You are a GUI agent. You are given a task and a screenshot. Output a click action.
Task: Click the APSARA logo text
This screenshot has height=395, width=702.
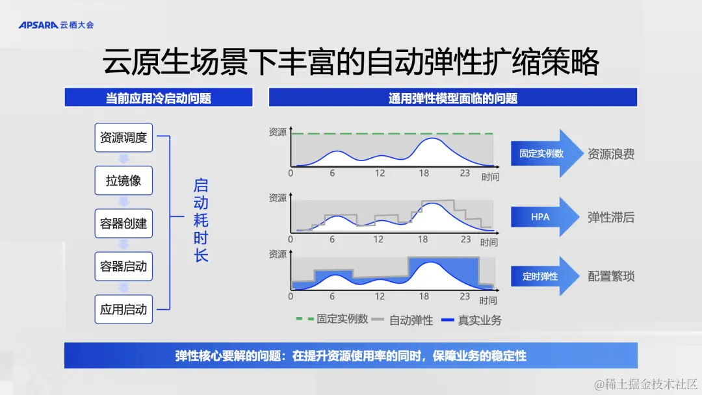[38, 25]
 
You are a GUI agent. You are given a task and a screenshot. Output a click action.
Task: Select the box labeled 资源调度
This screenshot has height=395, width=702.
[123, 138]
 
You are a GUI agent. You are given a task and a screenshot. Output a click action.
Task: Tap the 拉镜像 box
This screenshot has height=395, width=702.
[123, 180]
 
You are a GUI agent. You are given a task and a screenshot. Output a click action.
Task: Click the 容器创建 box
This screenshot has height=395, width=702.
[123, 223]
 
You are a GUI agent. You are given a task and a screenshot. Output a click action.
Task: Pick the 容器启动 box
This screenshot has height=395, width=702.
[123, 266]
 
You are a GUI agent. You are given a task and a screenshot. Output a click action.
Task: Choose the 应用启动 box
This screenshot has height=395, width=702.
[123, 309]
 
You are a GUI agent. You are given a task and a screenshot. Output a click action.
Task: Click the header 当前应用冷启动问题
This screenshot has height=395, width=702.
[159, 98]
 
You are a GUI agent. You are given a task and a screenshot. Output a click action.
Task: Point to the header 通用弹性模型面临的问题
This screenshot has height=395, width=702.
[453, 98]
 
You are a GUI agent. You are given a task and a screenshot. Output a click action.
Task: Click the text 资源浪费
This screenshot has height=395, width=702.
[611, 154]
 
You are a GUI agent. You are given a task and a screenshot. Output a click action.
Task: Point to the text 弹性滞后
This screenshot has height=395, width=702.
[611, 217]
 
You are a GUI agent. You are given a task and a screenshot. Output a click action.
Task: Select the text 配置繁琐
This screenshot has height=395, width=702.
[611, 276]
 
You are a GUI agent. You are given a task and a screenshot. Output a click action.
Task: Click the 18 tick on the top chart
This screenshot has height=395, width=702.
[424, 173]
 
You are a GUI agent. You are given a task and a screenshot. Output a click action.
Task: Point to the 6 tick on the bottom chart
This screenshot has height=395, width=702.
[331, 296]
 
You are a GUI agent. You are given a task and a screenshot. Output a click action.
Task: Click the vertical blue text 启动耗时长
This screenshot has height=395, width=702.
[201, 220]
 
